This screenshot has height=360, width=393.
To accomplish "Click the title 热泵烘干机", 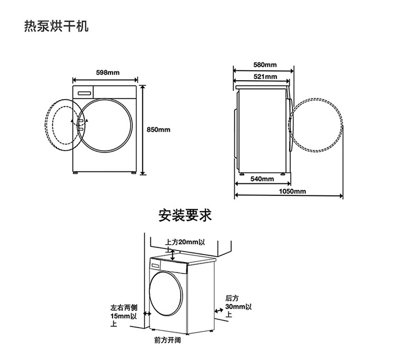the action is tap(57, 26).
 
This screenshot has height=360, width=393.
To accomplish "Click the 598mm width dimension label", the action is tap(108, 72).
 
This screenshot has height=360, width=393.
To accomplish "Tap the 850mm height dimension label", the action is tap(158, 129).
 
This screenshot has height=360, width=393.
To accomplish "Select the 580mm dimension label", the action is tap(265, 64).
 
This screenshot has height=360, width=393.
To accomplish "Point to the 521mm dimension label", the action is tap(265, 77).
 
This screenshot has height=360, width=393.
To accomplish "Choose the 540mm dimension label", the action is tap(262, 179).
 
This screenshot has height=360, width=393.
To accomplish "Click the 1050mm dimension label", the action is tap(292, 191).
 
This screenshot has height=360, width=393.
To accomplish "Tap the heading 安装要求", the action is tap(185, 215).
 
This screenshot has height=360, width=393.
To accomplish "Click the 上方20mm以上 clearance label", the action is tap(185, 246).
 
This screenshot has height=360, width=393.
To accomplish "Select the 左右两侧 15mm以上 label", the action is tap(124, 315).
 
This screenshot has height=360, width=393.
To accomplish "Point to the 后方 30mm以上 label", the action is tap(238, 306).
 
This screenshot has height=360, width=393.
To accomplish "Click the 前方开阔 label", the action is tap(168, 340).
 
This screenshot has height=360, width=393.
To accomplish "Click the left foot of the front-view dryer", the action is tap(75, 173).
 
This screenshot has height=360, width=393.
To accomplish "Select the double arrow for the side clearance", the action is tap(147, 313).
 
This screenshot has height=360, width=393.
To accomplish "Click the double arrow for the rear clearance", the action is tap(219, 310).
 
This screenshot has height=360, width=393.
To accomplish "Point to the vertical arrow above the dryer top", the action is tap(173, 255).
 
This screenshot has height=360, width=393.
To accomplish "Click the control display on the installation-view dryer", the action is tap(156, 265).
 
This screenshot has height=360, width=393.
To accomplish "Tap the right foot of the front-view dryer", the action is tap(134, 173).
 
